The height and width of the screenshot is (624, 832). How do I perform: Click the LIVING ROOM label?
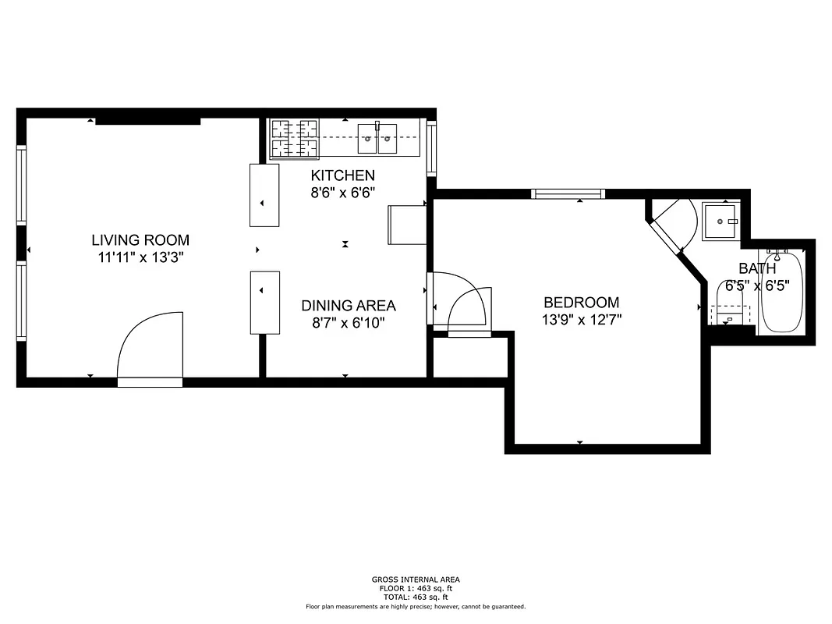point(140,240)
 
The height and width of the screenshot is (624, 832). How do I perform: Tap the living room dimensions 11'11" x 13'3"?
point(140,256)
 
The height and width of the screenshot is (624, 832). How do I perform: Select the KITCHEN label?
point(343,175)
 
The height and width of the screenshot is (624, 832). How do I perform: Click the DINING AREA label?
point(349,306)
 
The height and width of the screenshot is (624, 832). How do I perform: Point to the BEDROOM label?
point(582,303)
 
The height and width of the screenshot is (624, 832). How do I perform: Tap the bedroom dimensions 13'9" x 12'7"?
point(582,319)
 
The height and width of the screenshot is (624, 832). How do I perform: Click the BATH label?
point(757,269)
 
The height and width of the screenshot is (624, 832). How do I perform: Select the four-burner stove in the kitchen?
point(294,138)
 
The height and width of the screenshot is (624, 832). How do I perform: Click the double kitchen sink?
point(377,139)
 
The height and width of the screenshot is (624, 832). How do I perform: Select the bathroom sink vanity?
point(721,222)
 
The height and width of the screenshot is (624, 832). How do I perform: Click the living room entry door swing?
point(148,347)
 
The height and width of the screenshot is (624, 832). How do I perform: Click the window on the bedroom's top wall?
point(568,193)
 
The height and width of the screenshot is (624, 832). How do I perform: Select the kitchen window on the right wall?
point(431,147)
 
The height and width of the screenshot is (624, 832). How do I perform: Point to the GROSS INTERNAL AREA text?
point(416,580)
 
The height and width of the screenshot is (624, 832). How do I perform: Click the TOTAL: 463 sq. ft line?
point(416,597)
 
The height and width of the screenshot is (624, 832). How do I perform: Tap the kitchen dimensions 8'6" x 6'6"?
point(343,191)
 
